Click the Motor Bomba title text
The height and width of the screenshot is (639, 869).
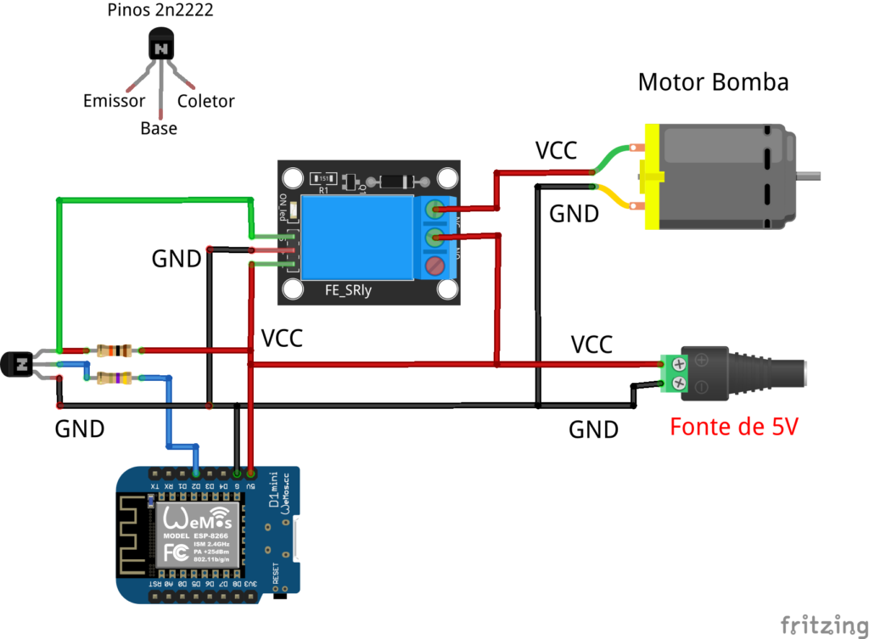pos(713,82)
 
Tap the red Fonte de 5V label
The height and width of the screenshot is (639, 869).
pos(734,426)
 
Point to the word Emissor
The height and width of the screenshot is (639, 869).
pos(114,102)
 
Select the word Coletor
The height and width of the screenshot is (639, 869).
pos(205,102)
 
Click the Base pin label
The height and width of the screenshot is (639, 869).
pos(159,129)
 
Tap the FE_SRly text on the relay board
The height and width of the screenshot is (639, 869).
pos(349,291)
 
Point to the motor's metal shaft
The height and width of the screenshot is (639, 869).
pos(810,176)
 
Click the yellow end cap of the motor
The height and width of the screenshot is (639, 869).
pos(652,177)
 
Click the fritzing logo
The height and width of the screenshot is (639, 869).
pos(819,624)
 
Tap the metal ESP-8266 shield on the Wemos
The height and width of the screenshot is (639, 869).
pos(197,535)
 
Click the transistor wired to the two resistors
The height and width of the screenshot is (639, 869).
pos(18,365)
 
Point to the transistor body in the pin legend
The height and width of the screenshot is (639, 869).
pos(161,46)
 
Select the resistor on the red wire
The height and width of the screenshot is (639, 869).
pos(114,350)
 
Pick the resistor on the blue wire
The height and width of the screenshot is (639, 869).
pos(114,378)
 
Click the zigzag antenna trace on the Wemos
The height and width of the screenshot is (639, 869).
pos(135,535)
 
